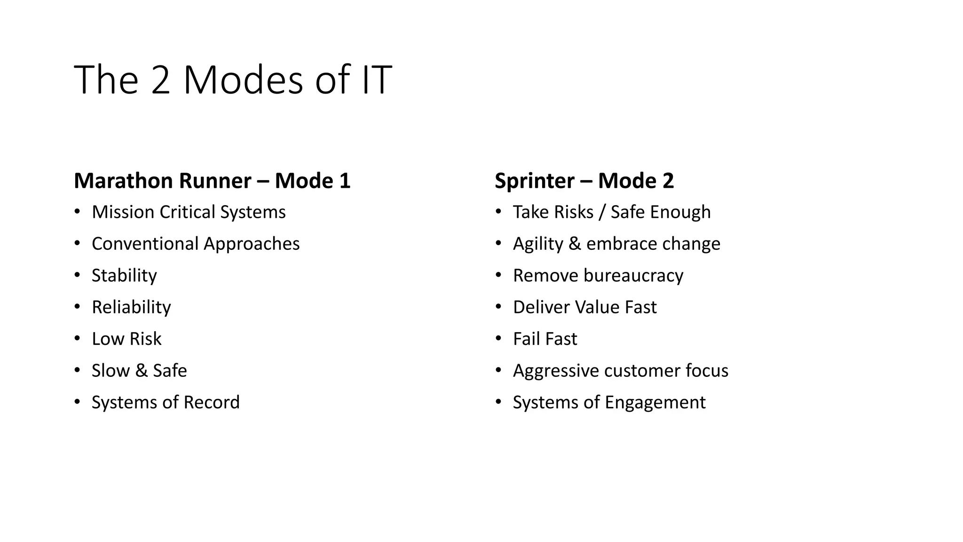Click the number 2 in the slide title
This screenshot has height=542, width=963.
tap(160, 80)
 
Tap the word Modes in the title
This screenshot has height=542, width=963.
tap(243, 80)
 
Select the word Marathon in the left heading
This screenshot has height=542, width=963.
tap(123, 181)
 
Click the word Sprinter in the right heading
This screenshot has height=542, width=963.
tap(535, 181)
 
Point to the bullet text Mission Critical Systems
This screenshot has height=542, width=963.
tap(189, 212)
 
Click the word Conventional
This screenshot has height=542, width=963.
tap(145, 244)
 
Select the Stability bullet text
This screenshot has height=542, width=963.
tap(124, 276)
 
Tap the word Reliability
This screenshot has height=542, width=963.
tap(131, 307)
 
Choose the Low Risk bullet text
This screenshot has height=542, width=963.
tap(126, 339)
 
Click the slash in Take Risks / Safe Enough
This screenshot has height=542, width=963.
tap(602, 212)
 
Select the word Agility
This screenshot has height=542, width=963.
tap(538, 244)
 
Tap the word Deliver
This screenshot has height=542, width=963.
tap(539, 307)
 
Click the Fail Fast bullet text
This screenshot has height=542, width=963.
tap(545, 339)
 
